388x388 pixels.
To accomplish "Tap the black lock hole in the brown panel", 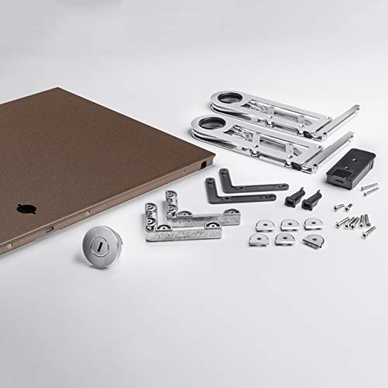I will coord(25,209).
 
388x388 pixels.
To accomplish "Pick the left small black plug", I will coord(293,199).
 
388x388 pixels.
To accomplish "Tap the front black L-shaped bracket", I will coord(233,195).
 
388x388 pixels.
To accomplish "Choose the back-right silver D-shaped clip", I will coord(313,223).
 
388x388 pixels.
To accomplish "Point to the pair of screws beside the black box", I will coord(369,188).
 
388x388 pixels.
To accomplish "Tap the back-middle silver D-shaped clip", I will coord(289,224).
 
